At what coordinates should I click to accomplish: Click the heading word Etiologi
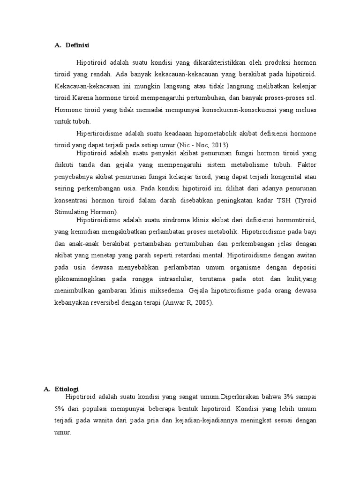pyautogui.click(x=67, y=389)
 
